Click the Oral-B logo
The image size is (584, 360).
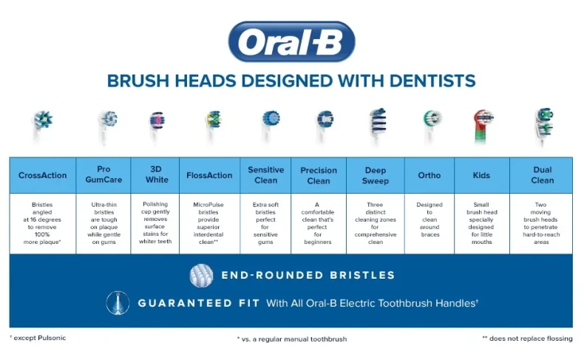(x=291, y=41)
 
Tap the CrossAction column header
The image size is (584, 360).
(x=42, y=175)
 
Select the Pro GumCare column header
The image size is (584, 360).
(x=103, y=175)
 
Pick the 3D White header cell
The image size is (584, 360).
(x=155, y=175)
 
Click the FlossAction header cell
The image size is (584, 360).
(x=210, y=175)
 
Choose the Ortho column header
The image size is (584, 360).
(x=429, y=175)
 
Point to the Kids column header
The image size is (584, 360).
(x=482, y=175)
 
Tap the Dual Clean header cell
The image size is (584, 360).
(x=542, y=175)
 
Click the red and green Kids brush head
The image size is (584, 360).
(x=483, y=126)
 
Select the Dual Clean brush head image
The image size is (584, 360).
(x=544, y=126)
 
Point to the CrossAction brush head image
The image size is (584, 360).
(x=41, y=126)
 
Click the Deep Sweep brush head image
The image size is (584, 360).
(x=378, y=126)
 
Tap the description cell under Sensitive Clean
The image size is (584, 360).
(x=265, y=223)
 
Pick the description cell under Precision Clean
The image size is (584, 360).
(x=319, y=223)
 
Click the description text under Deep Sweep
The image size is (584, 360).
(x=376, y=223)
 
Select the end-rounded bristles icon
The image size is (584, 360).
(x=201, y=276)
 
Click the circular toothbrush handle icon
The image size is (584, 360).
(x=118, y=303)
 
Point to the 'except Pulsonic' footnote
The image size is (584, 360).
(x=38, y=338)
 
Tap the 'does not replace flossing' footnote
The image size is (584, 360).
(x=527, y=339)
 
